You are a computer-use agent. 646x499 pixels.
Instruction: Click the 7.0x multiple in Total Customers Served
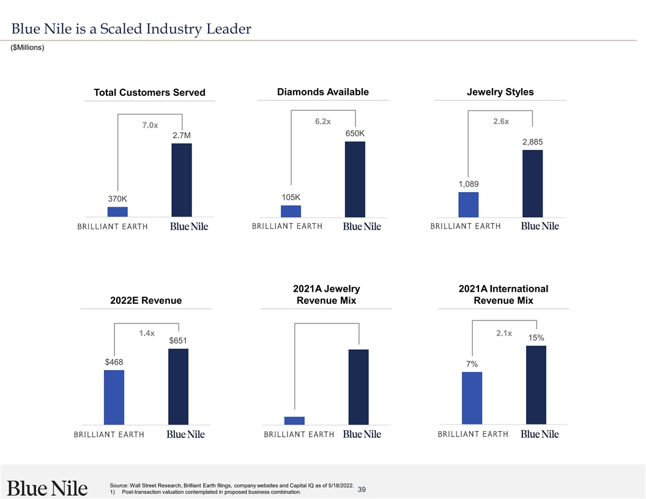pos(150,125)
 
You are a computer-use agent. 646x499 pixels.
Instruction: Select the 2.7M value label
pos(182,135)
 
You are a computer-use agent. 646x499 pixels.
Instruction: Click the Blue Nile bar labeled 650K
pos(355,179)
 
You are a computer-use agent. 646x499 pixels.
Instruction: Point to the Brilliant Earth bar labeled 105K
pos(291,211)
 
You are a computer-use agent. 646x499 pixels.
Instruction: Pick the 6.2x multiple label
pos(323,122)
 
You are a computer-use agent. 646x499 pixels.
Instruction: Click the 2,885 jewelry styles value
pos(532,142)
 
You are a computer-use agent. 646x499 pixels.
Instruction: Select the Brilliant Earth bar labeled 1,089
pos(469,204)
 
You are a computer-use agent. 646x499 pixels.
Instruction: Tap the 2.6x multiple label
pos(501,122)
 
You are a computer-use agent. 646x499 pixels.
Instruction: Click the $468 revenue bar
pos(114,397)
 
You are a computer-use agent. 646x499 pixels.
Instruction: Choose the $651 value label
pos(178,341)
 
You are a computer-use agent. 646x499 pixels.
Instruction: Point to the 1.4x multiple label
pos(146,333)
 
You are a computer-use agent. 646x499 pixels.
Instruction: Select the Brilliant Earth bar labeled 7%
pos(472,397)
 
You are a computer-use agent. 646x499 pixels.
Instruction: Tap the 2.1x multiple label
pos(504,333)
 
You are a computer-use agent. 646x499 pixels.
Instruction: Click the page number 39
pos(362,489)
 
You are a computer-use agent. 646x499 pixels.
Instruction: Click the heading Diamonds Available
pos(323,92)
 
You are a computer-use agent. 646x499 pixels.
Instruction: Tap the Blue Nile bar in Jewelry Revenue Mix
pos(358,386)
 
